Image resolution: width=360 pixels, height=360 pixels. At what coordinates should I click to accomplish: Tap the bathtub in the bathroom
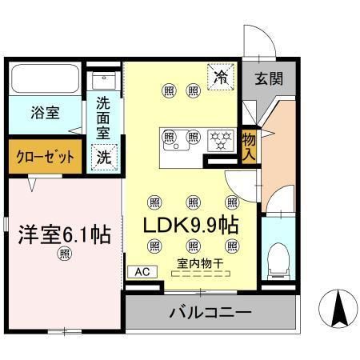click(x=45, y=80)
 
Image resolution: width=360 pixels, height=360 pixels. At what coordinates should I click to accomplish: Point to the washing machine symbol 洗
click(x=105, y=157)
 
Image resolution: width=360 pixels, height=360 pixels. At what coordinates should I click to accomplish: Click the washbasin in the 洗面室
click(x=104, y=81)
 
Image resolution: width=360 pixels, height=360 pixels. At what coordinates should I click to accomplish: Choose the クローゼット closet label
click(x=44, y=157)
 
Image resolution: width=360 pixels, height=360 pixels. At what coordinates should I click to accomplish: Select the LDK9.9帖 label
click(x=190, y=225)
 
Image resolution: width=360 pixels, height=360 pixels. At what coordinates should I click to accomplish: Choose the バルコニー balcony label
click(x=210, y=310)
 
